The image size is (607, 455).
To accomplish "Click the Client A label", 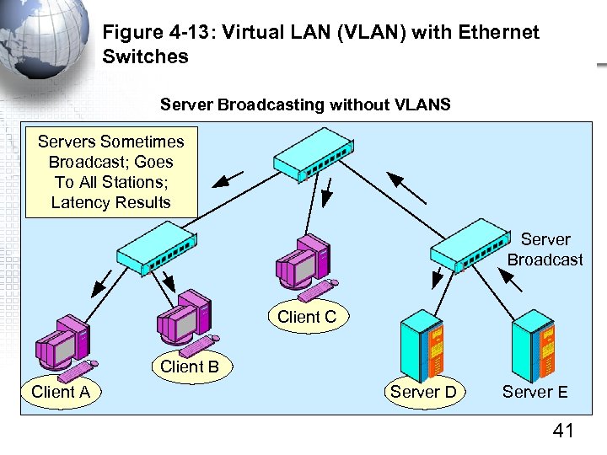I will pos(61,392).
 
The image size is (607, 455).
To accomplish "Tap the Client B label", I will pos(189,367).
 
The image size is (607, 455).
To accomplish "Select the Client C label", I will pos(307,317).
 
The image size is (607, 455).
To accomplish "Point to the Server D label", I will pos(423,392).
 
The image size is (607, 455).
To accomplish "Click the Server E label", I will pos(534,392).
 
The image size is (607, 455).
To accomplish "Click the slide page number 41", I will pos(562,431).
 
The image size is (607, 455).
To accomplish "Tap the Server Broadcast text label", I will pos(545,249).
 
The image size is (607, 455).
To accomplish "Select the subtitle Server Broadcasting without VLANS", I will pos(305,105).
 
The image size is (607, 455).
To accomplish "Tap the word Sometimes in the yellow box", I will pos(142,141).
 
